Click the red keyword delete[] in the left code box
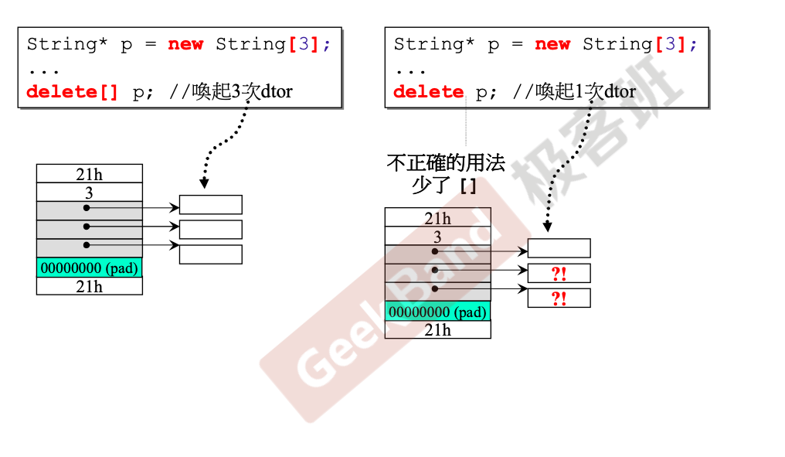[72, 92]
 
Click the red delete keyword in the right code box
[429, 92]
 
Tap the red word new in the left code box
[185, 45]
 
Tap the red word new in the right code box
[552, 45]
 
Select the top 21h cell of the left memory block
[90, 174]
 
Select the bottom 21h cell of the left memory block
[90, 286]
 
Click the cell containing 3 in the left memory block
[90, 193]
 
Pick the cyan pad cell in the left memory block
[90, 268]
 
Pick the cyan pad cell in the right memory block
[437, 311]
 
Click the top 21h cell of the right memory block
[437, 217]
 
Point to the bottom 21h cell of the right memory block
[437, 329]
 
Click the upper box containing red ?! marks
[559, 273]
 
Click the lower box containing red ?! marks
[559, 298]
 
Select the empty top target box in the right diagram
[559, 248]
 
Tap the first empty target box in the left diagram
[211, 204]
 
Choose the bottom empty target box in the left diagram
[211, 254]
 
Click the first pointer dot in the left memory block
[87, 207]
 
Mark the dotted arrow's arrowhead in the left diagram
[204, 182]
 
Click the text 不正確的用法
[446, 163]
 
